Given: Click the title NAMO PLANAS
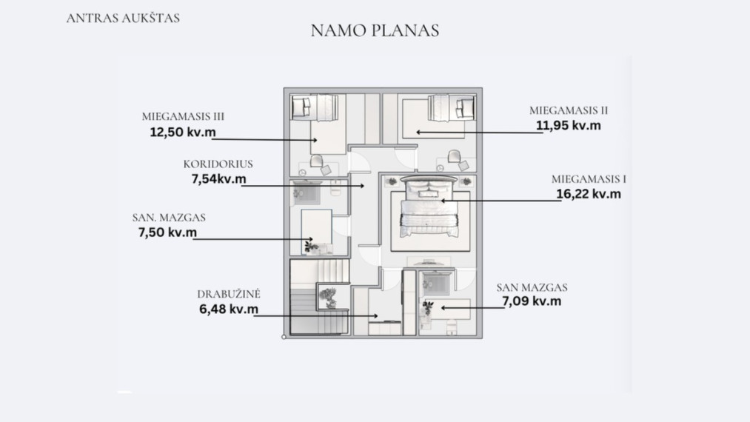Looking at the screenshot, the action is pyautogui.click(x=375, y=30).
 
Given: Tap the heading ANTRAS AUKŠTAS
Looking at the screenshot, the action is pyautogui.click(x=123, y=19).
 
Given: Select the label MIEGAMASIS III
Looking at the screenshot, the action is pyautogui.click(x=183, y=116).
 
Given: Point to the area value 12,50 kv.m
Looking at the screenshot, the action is pyautogui.click(x=183, y=132).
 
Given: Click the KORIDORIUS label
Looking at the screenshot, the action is pyautogui.click(x=218, y=164).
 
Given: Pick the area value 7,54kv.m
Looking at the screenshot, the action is pyautogui.click(x=218, y=179).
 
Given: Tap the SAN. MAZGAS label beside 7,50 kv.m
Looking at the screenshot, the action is pyautogui.click(x=169, y=218).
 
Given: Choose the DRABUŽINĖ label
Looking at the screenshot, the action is pyautogui.click(x=229, y=294).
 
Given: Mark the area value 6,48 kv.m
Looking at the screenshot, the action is pyautogui.click(x=229, y=309).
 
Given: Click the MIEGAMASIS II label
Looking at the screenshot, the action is pyautogui.click(x=569, y=110).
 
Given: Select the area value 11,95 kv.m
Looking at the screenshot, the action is pyautogui.click(x=569, y=125).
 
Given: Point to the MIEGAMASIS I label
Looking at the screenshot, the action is pyautogui.click(x=589, y=179).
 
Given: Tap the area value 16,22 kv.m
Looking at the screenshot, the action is pyautogui.click(x=589, y=194).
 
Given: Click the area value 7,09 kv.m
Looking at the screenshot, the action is pyautogui.click(x=532, y=301).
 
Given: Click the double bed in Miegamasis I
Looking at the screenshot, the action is pyautogui.click(x=429, y=207).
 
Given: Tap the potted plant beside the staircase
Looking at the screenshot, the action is pyautogui.click(x=329, y=298).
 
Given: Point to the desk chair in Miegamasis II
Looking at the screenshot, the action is pyautogui.click(x=454, y=157).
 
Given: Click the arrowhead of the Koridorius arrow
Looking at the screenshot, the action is pyautogui.click(x=363, y=186).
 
